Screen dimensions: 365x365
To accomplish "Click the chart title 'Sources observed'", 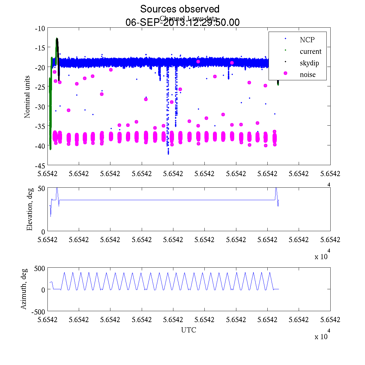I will click(x=179, y=9).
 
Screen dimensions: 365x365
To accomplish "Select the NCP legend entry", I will click(x=307, y=40).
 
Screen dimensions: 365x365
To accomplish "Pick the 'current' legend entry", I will click(x=311, y=51).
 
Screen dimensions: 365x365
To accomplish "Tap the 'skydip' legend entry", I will click(x=309, y=63).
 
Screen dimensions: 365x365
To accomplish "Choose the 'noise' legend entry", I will click(x=308, y=75).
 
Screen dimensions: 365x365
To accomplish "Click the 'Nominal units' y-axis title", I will click(x=27, y=97).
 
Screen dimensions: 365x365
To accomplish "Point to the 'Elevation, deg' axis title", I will click(x=30, y=209).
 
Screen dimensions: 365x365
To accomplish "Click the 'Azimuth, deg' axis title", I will click(x=24, y=289).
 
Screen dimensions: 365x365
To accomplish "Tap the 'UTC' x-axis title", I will click(x=189, y=330).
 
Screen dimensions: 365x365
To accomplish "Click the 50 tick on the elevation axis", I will click(x=41, y=188).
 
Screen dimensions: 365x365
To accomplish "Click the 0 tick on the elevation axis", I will click(x=43, y=231).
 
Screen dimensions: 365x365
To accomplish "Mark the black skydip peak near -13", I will click(x=57, y=39).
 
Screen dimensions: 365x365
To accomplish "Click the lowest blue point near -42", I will click(x=168, y=154).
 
